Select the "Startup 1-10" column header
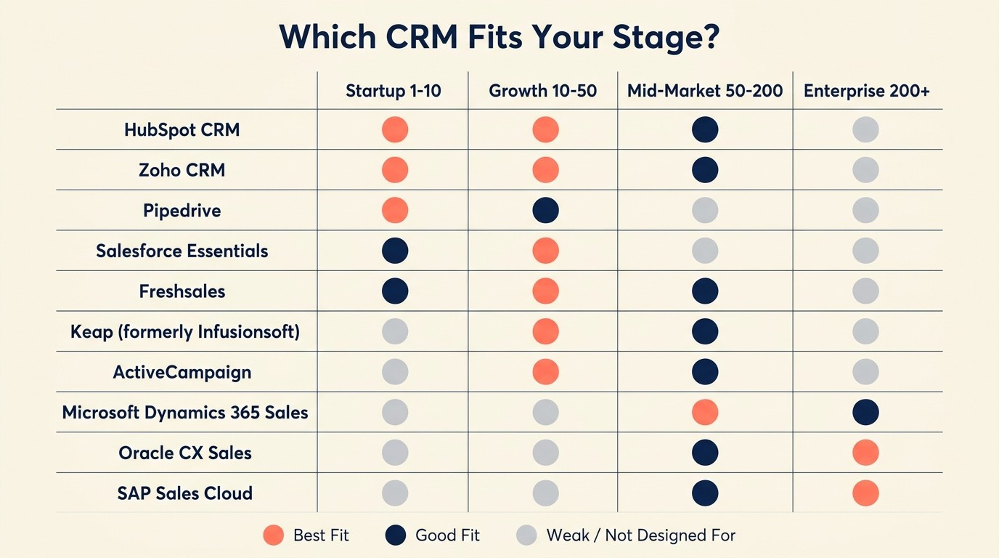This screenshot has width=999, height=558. click(393, 91)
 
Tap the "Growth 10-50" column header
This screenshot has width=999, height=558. click(542, 91)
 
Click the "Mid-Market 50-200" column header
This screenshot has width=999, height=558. click(705, 91)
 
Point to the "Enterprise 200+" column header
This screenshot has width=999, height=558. click(866, 91)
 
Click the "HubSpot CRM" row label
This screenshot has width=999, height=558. click(182, 130)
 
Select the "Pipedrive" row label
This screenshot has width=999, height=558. click(182, 211)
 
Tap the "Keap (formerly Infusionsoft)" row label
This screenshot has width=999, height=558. click(184, 332)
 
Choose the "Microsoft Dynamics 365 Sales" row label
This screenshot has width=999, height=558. click(184, 413)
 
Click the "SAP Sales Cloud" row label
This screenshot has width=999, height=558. click(184, 493)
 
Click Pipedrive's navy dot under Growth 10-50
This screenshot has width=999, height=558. click(545, 211)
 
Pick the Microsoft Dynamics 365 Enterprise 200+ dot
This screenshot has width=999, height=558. click(865, 413)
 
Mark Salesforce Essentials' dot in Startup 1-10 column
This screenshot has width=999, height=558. click(395, 251)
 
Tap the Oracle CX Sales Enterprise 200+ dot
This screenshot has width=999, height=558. click(865, 453)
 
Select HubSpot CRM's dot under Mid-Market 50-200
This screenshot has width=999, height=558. click(705, 130)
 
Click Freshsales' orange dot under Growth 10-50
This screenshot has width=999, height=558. click(545, 291)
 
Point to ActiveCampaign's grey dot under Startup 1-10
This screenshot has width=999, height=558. click(395, 372)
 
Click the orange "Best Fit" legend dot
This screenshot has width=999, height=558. click(273, 536)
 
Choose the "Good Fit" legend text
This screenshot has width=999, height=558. click(447, 536)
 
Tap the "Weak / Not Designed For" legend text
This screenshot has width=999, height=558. click(640, 536)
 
